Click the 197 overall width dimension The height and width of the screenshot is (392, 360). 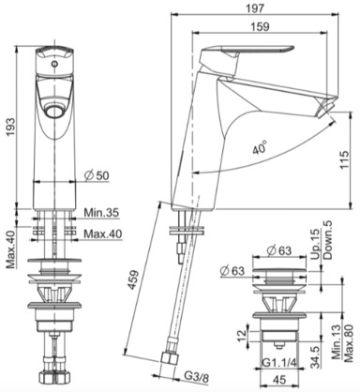coord(256,8)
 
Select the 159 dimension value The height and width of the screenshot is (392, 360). coord(261,27)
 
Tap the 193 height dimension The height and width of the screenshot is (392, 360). coord(11,127)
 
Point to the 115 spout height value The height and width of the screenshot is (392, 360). coord(344,159)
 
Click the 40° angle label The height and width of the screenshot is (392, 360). coord(260,147)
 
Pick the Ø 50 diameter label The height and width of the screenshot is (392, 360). coord(97,175)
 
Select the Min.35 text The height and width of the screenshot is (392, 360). coord(101,213)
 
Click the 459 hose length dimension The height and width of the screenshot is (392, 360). coord(134,280)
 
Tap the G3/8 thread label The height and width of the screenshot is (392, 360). coord(196,378)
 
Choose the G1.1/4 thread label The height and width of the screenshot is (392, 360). coord(278,363)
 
